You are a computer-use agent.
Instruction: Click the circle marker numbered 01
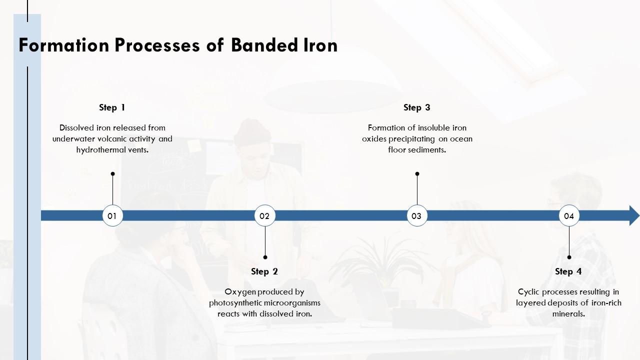pos(112,216)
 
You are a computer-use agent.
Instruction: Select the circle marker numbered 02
pos(264,216)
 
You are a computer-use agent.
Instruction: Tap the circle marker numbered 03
pos(416,216)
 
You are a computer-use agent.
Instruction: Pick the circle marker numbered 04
pos(569,216)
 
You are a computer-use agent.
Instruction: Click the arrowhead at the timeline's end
pos(634,215)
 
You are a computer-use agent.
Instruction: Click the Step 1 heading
pos(112,107)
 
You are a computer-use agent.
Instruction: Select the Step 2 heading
pos(264,271)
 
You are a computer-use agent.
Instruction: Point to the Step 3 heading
pos(416,107)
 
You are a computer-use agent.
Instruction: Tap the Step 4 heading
pos(568,271)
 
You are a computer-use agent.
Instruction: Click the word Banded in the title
pos(265,45)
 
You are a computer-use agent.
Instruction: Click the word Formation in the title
pos(63,45)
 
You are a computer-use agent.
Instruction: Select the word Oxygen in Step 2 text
pos(239,292)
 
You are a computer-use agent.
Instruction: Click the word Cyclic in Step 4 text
pos(528,292)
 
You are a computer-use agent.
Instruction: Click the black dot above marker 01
pos(112,174)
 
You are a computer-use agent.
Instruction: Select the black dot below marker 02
pos(265,257)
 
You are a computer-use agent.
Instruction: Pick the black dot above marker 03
pos(417,174)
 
